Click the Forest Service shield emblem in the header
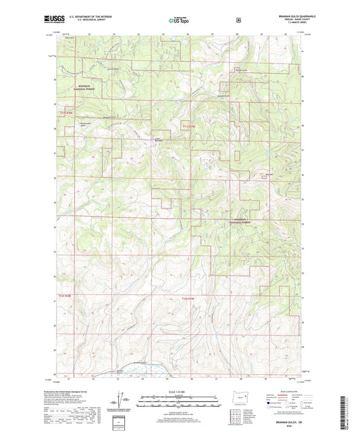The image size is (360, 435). pyautogui.click(x=238, y=20)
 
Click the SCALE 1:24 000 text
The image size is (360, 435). pyautogui.click(x=180, y=392)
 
